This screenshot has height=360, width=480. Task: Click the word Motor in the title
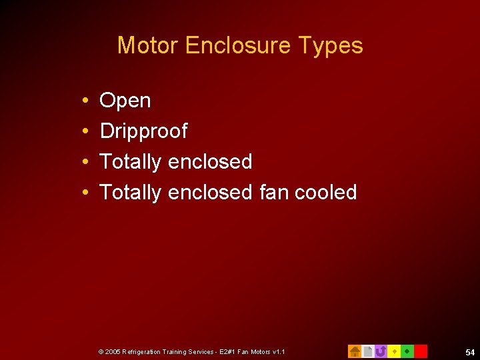tap(148, 45)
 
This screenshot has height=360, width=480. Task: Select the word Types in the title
tap(331, 46)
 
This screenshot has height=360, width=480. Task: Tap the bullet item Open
tap(125, 101)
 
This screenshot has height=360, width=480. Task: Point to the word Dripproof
tap(143, 131)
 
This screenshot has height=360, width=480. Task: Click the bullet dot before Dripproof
tap(87, 132)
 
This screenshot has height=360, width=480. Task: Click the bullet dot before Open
tap(87, 101)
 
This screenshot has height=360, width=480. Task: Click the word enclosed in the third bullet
tap(210, 161)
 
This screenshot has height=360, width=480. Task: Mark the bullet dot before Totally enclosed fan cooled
tap(87, 193)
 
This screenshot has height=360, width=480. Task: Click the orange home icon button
tap(355, 351)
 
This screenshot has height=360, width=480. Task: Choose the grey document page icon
tap(367, 351)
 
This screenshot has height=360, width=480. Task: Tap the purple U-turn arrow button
tap(381, 351)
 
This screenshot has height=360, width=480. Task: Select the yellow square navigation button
tap(394, 351)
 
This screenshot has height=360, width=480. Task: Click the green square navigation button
tap(407, 351)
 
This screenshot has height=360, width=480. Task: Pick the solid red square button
tap(421, 351)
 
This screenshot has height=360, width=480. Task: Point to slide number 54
tap(470, 351)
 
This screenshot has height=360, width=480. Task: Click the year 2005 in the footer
tap(113, 351)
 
